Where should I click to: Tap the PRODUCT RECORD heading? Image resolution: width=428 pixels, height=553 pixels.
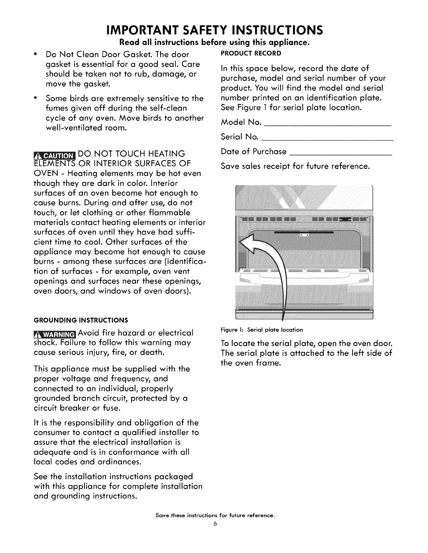251,53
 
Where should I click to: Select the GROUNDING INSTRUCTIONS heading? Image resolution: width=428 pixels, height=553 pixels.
81,320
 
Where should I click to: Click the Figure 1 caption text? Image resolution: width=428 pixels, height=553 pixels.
262,330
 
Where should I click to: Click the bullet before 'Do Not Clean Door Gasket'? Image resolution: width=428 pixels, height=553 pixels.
36,55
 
